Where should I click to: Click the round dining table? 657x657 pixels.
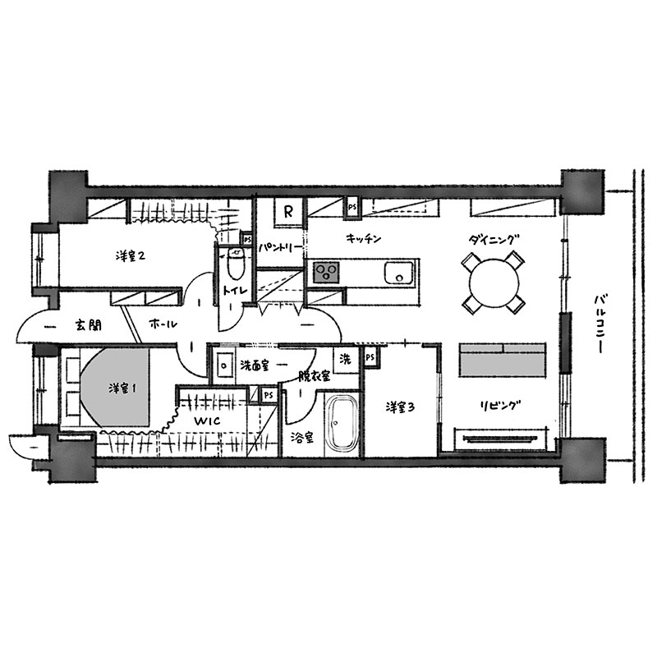point(493,282)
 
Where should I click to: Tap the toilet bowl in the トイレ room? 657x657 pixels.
point(237,263)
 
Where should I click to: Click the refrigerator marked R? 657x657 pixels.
point(288,212)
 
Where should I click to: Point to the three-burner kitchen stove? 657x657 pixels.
point(326,273)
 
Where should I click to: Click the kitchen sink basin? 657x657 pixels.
point(399,273)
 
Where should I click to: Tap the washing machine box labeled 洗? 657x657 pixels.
point(345,359)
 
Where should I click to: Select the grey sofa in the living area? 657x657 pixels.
point(503,360)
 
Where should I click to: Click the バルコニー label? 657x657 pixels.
point(600,324)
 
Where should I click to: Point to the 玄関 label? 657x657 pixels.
point(89,325)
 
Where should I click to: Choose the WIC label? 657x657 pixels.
point(207,420)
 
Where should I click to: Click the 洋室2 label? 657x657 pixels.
point(131,255)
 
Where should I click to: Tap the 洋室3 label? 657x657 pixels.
point(400,407)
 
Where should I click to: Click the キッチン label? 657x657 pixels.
point(364,239)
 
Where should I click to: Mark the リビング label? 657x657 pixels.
point(500,406)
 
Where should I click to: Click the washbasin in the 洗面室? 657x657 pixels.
point(224,365)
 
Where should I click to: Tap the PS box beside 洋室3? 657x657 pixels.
point(370,357)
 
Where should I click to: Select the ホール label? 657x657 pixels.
point(163,324)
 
